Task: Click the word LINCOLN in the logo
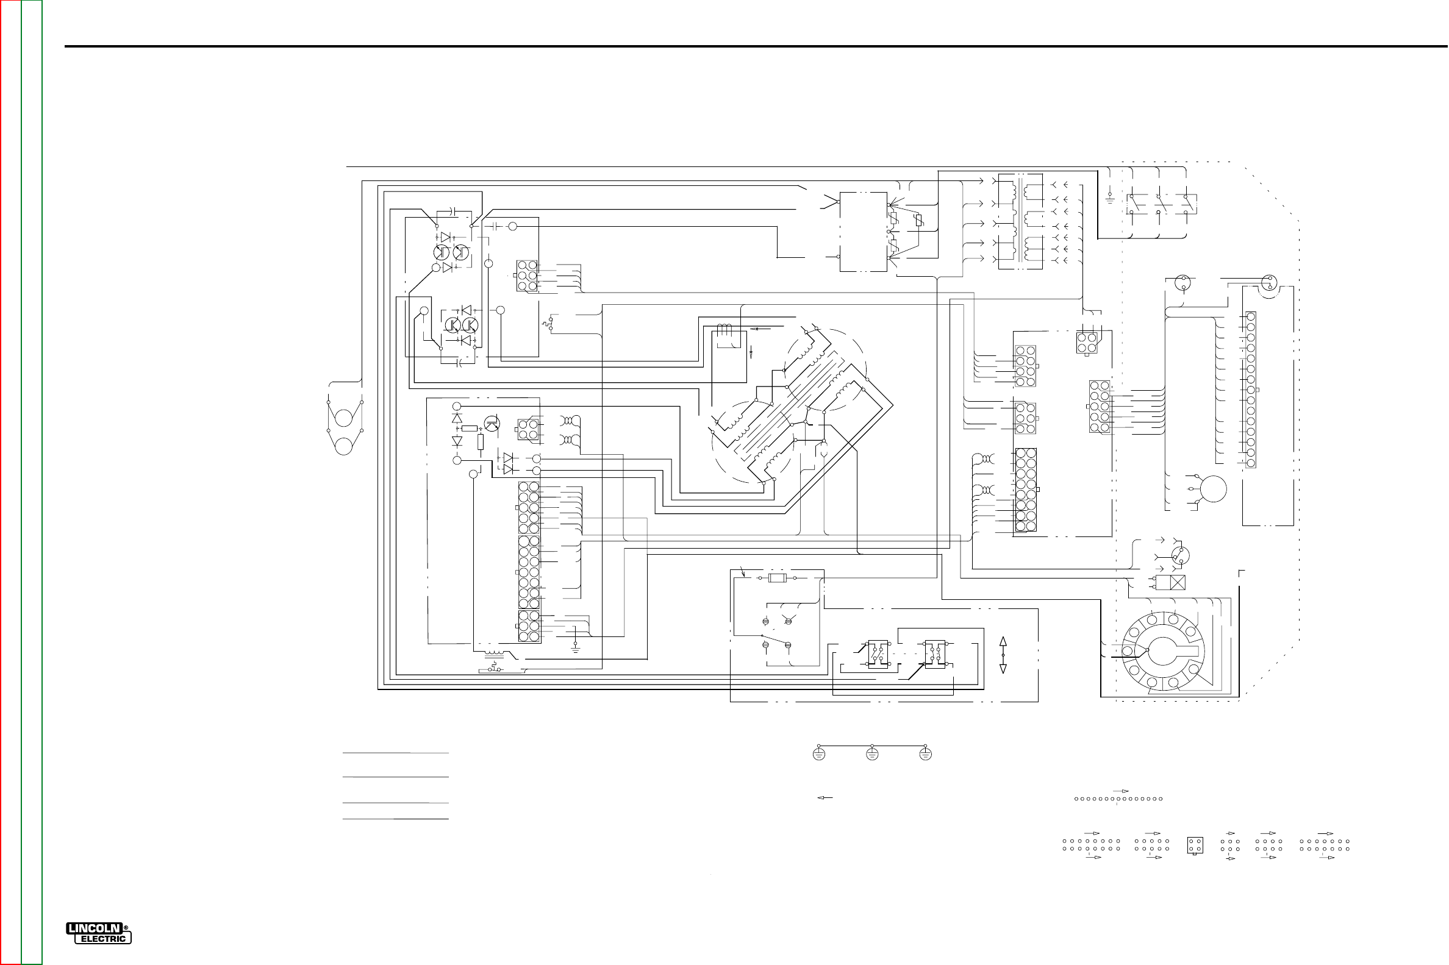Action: [93, 928]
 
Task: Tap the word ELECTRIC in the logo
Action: [103, 939]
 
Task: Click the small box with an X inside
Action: [1177, 582]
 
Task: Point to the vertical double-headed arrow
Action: [1003, 655]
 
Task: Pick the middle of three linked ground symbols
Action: [871, 754]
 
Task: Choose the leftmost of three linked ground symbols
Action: [818, 754]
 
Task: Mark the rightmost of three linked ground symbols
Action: [925, 754]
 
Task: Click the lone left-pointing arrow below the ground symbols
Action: [825, 797]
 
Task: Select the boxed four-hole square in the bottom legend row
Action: [1195, 845]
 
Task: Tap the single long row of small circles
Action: [1118, 799]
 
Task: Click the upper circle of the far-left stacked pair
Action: [343, 418]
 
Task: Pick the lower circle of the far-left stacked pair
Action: [343, 446]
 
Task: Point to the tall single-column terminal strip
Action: [1250, 390]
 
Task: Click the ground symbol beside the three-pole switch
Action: [1109, 198]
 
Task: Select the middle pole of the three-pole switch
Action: [1161, 204]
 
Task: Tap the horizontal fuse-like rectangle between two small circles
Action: [778, 578]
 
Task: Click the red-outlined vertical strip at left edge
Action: [10, 483]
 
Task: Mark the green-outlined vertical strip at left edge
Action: [31, 483]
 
